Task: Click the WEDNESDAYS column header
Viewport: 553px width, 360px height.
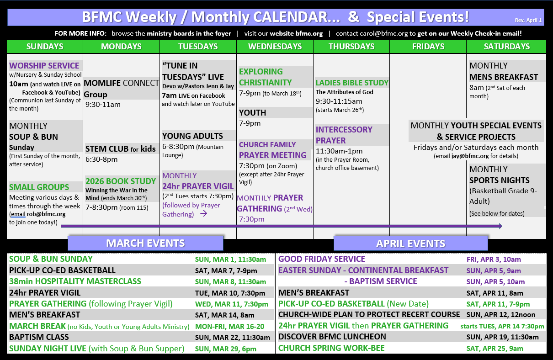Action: pyautogui.click(x=275, y=47)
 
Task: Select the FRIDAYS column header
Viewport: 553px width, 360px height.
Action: pyautogui.click(x=428, y=47)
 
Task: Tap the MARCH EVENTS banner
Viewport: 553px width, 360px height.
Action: pyautogui.click(x=145, y=244)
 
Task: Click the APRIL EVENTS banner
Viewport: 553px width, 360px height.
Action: pyautogui.click(x=410, y=244)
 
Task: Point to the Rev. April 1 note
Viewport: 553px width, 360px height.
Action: pyautogui.click(x=528, y=20)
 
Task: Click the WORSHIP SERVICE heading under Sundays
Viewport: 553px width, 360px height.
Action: pyautogui.click(x=44, y=66)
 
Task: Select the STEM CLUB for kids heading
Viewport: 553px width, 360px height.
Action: pyautogui.click(x=121, y=149)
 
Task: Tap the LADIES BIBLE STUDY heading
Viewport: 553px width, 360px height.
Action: pyautogui.click(x=352, y=83)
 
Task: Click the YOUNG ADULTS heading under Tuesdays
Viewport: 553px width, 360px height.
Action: pyautogui.click(x=192, y=136)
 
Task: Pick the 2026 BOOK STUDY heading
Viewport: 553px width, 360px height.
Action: pyautogui.click(x=121, y=181)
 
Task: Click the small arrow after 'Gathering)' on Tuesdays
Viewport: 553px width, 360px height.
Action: pyautogui.click(x=204, y=213)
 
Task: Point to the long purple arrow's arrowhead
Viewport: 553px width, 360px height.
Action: pyautogui.click(x=500, y=226)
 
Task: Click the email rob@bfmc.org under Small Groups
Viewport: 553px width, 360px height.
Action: pyautogui.click(x=46, y=214)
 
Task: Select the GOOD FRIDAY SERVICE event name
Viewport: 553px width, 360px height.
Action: pyautogui.click(x=322, y=259)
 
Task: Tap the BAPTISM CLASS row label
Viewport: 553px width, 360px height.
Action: pyautogui.click(x=39, y=337)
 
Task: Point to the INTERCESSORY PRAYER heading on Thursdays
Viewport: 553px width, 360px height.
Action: pyautogui.click(x=344, y=135)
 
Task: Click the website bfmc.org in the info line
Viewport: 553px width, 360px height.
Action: pyautogui.click(x=296, y=33)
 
